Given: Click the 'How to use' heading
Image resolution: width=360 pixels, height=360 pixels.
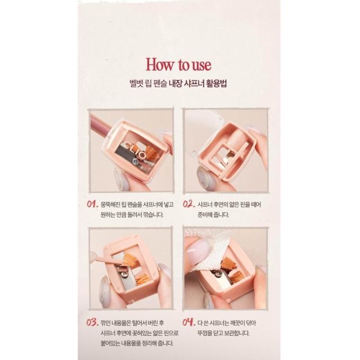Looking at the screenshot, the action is tap(178, 65).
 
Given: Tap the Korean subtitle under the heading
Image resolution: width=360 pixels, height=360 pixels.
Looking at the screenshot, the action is tap(178, 83).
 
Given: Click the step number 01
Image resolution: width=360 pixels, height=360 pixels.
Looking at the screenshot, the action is tap(92, 204).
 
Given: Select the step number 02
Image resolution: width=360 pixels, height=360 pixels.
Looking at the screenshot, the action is tap(189, 204).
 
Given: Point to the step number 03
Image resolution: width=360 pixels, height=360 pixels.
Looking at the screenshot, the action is tap(92, 322).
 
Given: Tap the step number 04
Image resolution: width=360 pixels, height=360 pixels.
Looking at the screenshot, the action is tap(189, 322).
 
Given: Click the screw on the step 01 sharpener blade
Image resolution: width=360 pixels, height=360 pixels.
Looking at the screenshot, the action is tap(136, 162).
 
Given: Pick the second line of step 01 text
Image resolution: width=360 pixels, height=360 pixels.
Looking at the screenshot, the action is tap(132, 215).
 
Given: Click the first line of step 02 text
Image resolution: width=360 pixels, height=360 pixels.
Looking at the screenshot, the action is tap(229, 204).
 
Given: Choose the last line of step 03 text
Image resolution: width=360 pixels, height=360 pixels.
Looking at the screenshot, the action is tap(137, 344).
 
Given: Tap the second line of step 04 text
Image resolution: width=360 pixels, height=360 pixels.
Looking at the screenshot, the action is tap(223, 333).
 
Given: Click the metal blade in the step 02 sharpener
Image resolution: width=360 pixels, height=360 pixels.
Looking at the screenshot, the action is tap(226, 157).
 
